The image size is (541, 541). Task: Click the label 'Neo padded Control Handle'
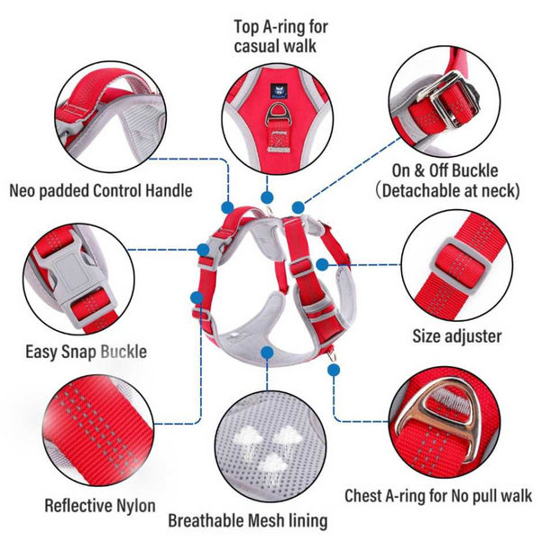pyautogui.click(x=101, y=190)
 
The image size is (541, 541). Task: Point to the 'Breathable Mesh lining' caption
pyautogui.click(x=248, y=520)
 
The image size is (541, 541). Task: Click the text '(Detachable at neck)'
pyautogui.click(x=449, y=190)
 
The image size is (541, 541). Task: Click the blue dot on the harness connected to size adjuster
pyautogui.click(x=321, y=264)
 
